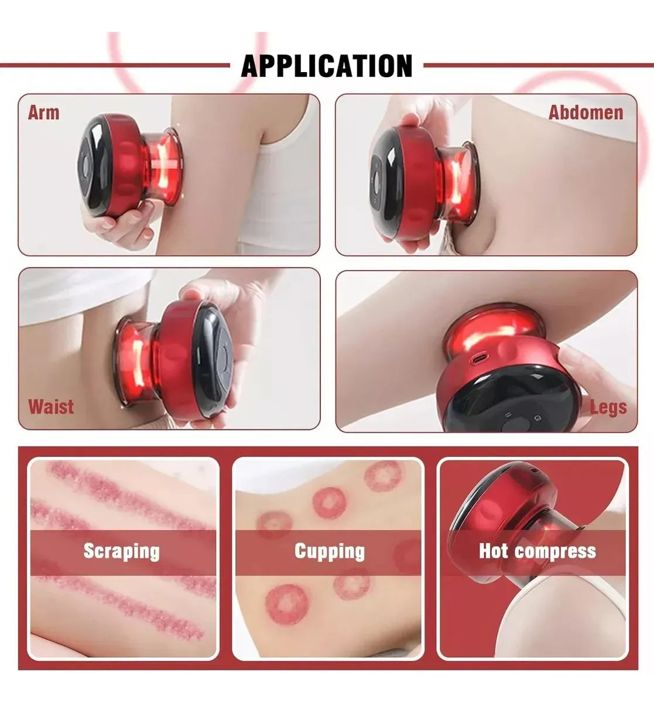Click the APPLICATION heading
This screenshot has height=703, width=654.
(x=327, y=66)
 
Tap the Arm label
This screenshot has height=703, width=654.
(x=43, y=112)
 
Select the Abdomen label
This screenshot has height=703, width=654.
(x=585, y=112)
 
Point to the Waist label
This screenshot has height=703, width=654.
(x=52, y=406)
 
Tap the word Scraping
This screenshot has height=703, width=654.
(x=121, y=551)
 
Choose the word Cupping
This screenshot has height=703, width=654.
(x=329, y=551)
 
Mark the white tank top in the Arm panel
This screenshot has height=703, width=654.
(x=269, y=193)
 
